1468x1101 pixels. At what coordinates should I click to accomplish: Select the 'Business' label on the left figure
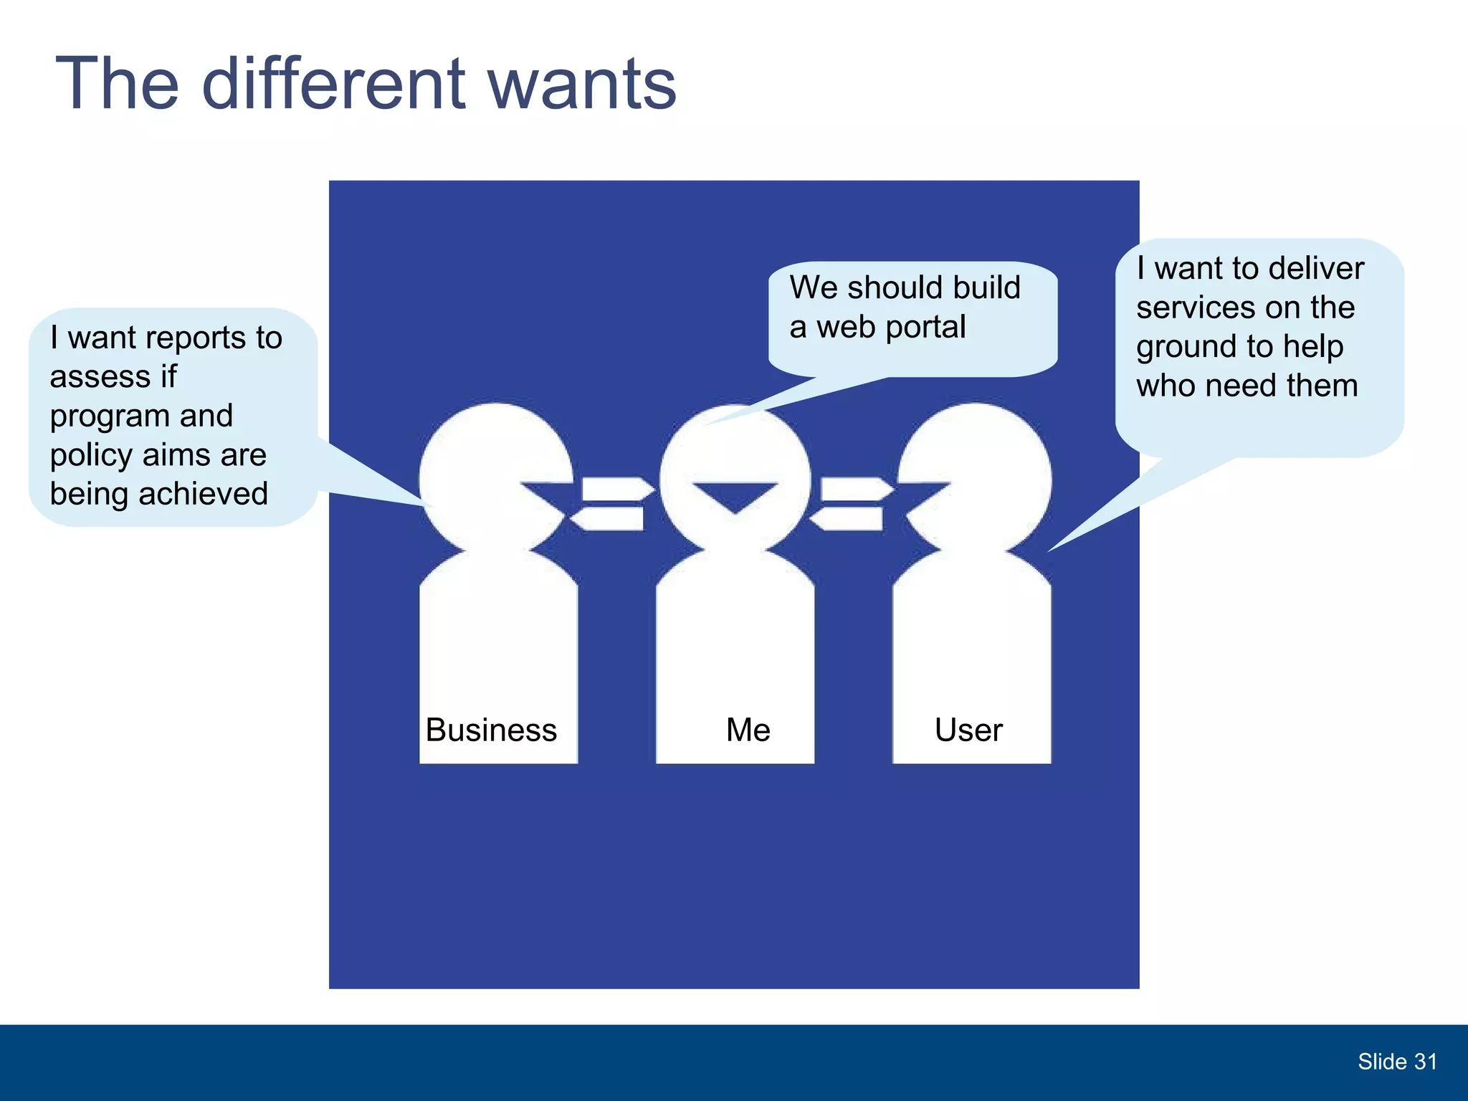coord(491,730)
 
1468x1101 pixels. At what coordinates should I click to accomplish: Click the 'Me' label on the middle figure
coord(748,730)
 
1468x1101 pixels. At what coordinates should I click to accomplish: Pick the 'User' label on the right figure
coord(968,730)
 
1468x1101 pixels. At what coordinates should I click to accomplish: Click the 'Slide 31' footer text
coord(1397,1062)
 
